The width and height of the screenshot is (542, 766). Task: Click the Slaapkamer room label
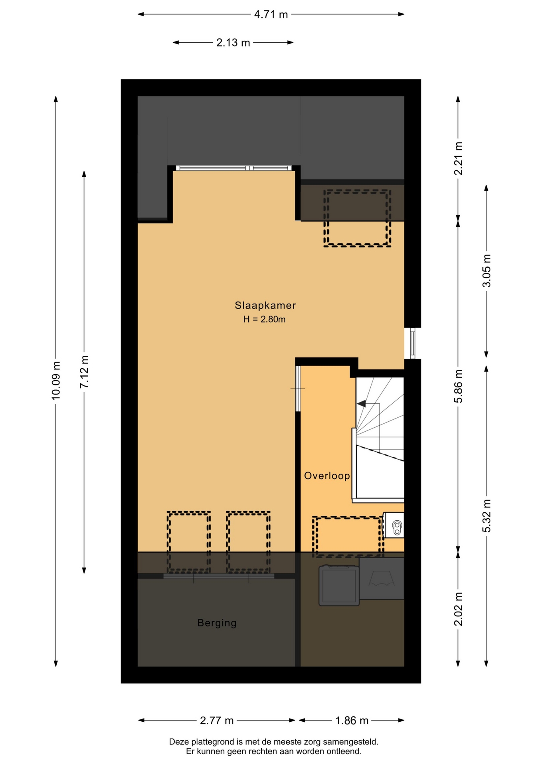265,306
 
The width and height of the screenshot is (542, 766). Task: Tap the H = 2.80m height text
264,319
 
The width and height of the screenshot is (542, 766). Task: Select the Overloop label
327,476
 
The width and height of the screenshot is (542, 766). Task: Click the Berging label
217,623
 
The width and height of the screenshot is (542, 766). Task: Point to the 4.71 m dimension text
271,15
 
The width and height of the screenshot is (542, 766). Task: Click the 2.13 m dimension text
233,43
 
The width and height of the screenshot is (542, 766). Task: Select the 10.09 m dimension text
56,381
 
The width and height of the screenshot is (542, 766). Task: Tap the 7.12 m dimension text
84,372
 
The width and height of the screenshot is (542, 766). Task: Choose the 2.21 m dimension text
458,158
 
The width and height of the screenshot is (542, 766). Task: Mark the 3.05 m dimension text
487,271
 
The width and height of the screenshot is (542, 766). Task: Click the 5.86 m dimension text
458,386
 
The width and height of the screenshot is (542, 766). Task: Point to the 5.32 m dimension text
487,516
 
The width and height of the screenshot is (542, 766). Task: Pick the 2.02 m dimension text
458,609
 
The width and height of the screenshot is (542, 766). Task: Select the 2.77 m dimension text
217,721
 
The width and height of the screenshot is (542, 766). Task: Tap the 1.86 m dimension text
352,721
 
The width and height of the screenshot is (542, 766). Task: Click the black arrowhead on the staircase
361,404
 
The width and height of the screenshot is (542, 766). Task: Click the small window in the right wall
413,343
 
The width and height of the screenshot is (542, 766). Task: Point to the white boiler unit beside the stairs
394,525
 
